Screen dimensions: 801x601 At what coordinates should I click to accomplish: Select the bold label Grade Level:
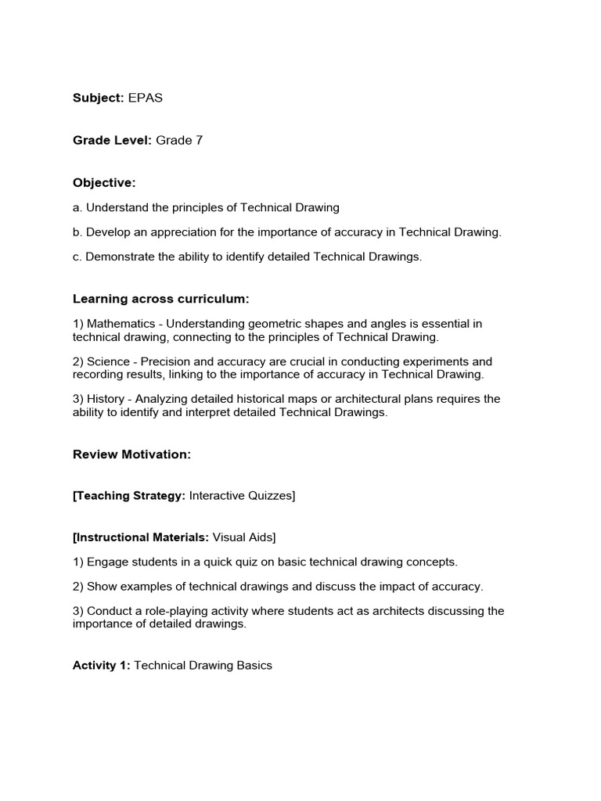[x=113, y=140]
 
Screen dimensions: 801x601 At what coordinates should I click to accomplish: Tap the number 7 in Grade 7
[x=200, y=140]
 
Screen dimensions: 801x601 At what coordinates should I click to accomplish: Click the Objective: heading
[x=104, y=182]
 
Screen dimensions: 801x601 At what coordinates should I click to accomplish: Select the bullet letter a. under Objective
[x=77, y=207]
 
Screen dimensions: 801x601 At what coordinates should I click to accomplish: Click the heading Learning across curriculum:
[x=160, y=299]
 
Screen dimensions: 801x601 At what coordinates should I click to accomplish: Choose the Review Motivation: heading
[x=131, y=454]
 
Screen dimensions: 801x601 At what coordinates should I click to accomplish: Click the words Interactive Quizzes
[x=241, y=496]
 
